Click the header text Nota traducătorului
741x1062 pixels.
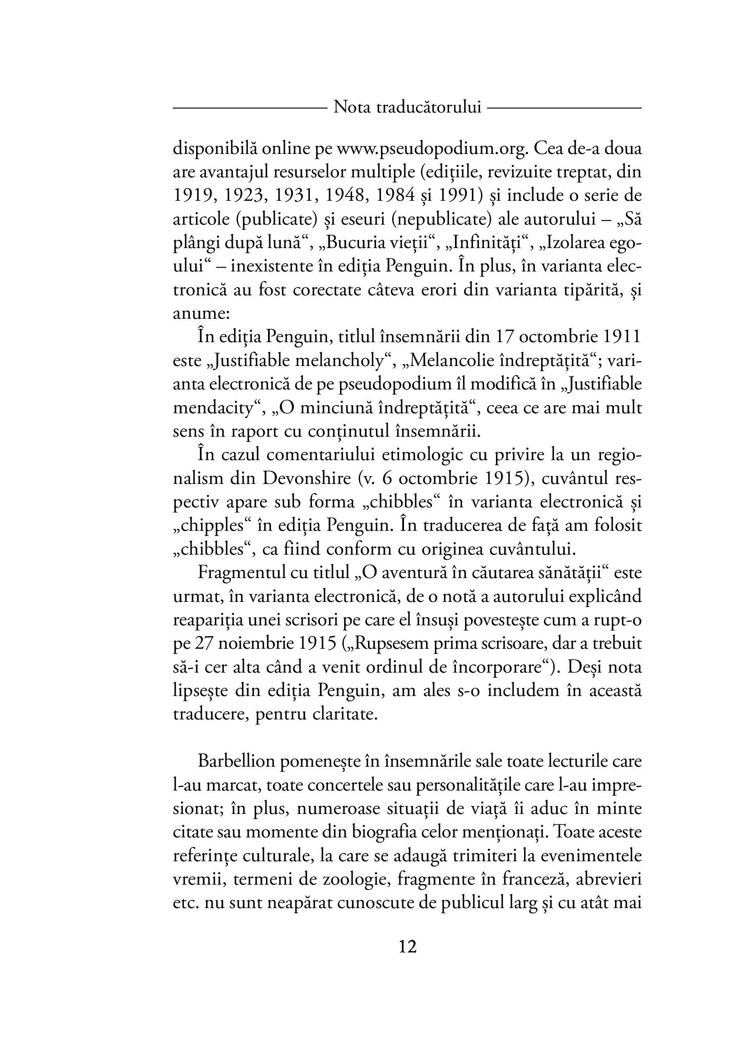tap(407, 107)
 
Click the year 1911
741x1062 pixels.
tap(623, 337)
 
